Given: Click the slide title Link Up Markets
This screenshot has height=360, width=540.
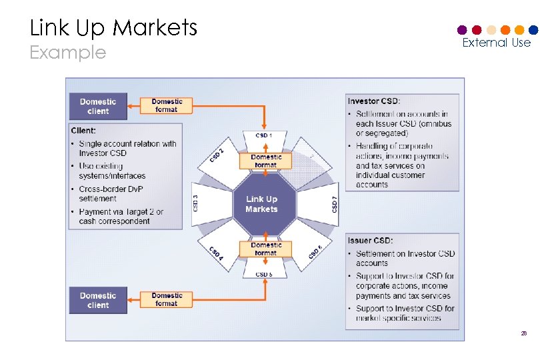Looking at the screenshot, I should point(113,27).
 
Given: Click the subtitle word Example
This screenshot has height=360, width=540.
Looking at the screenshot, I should point(68,53).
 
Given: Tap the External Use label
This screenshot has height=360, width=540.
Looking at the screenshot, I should point(496,43).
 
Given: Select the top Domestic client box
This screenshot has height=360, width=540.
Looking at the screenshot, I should point(98,106).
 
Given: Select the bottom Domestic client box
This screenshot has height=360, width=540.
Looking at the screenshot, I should point(98,300).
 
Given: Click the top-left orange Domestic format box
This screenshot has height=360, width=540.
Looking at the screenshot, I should point(167,105).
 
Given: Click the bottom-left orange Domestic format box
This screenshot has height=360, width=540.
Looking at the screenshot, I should point(167,299).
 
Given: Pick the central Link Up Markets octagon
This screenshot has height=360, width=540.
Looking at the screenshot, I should point(261,204).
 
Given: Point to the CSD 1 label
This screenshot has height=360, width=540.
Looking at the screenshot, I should point(264,135).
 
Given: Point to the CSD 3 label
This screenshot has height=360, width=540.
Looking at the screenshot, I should point(195,203).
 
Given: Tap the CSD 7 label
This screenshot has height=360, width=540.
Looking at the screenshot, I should point(335,204).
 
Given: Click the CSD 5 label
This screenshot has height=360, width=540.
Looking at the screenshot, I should point(264,274).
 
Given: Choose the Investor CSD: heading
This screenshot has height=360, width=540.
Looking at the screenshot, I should point(374,101).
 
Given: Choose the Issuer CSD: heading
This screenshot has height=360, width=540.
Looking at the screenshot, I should point(370,240).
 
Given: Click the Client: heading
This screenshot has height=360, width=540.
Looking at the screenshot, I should point(83,131).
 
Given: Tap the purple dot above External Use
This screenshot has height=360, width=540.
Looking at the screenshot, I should point(462,30).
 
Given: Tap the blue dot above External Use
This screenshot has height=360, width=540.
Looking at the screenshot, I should point(533,30).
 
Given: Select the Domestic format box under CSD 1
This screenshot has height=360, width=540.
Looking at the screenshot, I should point(266,161).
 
